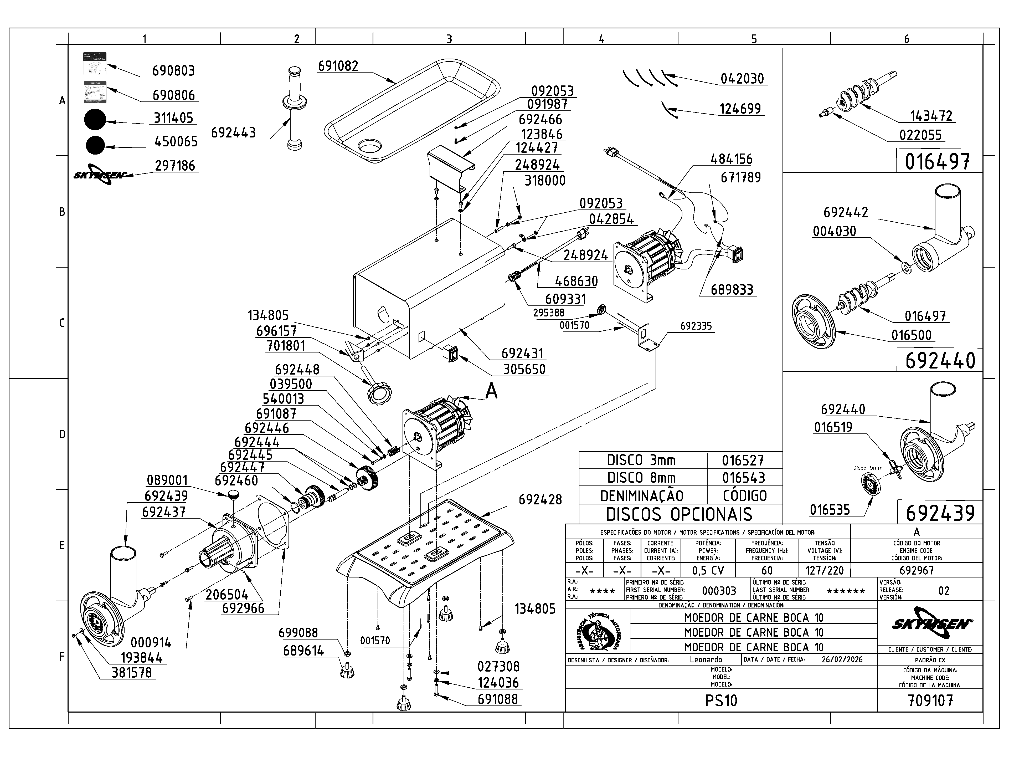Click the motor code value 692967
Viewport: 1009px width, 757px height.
pos(917,570)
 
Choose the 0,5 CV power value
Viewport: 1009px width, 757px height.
pos(708,570)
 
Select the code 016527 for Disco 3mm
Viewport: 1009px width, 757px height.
pos(743,461)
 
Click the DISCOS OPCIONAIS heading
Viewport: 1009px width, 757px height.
pos(679,514)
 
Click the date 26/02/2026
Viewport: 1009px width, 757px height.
pos(842,659)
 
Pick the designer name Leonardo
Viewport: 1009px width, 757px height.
pos(706,659)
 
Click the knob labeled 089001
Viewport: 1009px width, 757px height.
pos(234,494)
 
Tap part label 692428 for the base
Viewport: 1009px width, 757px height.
pos(540,500)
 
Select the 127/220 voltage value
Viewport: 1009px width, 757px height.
pos(825,570)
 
